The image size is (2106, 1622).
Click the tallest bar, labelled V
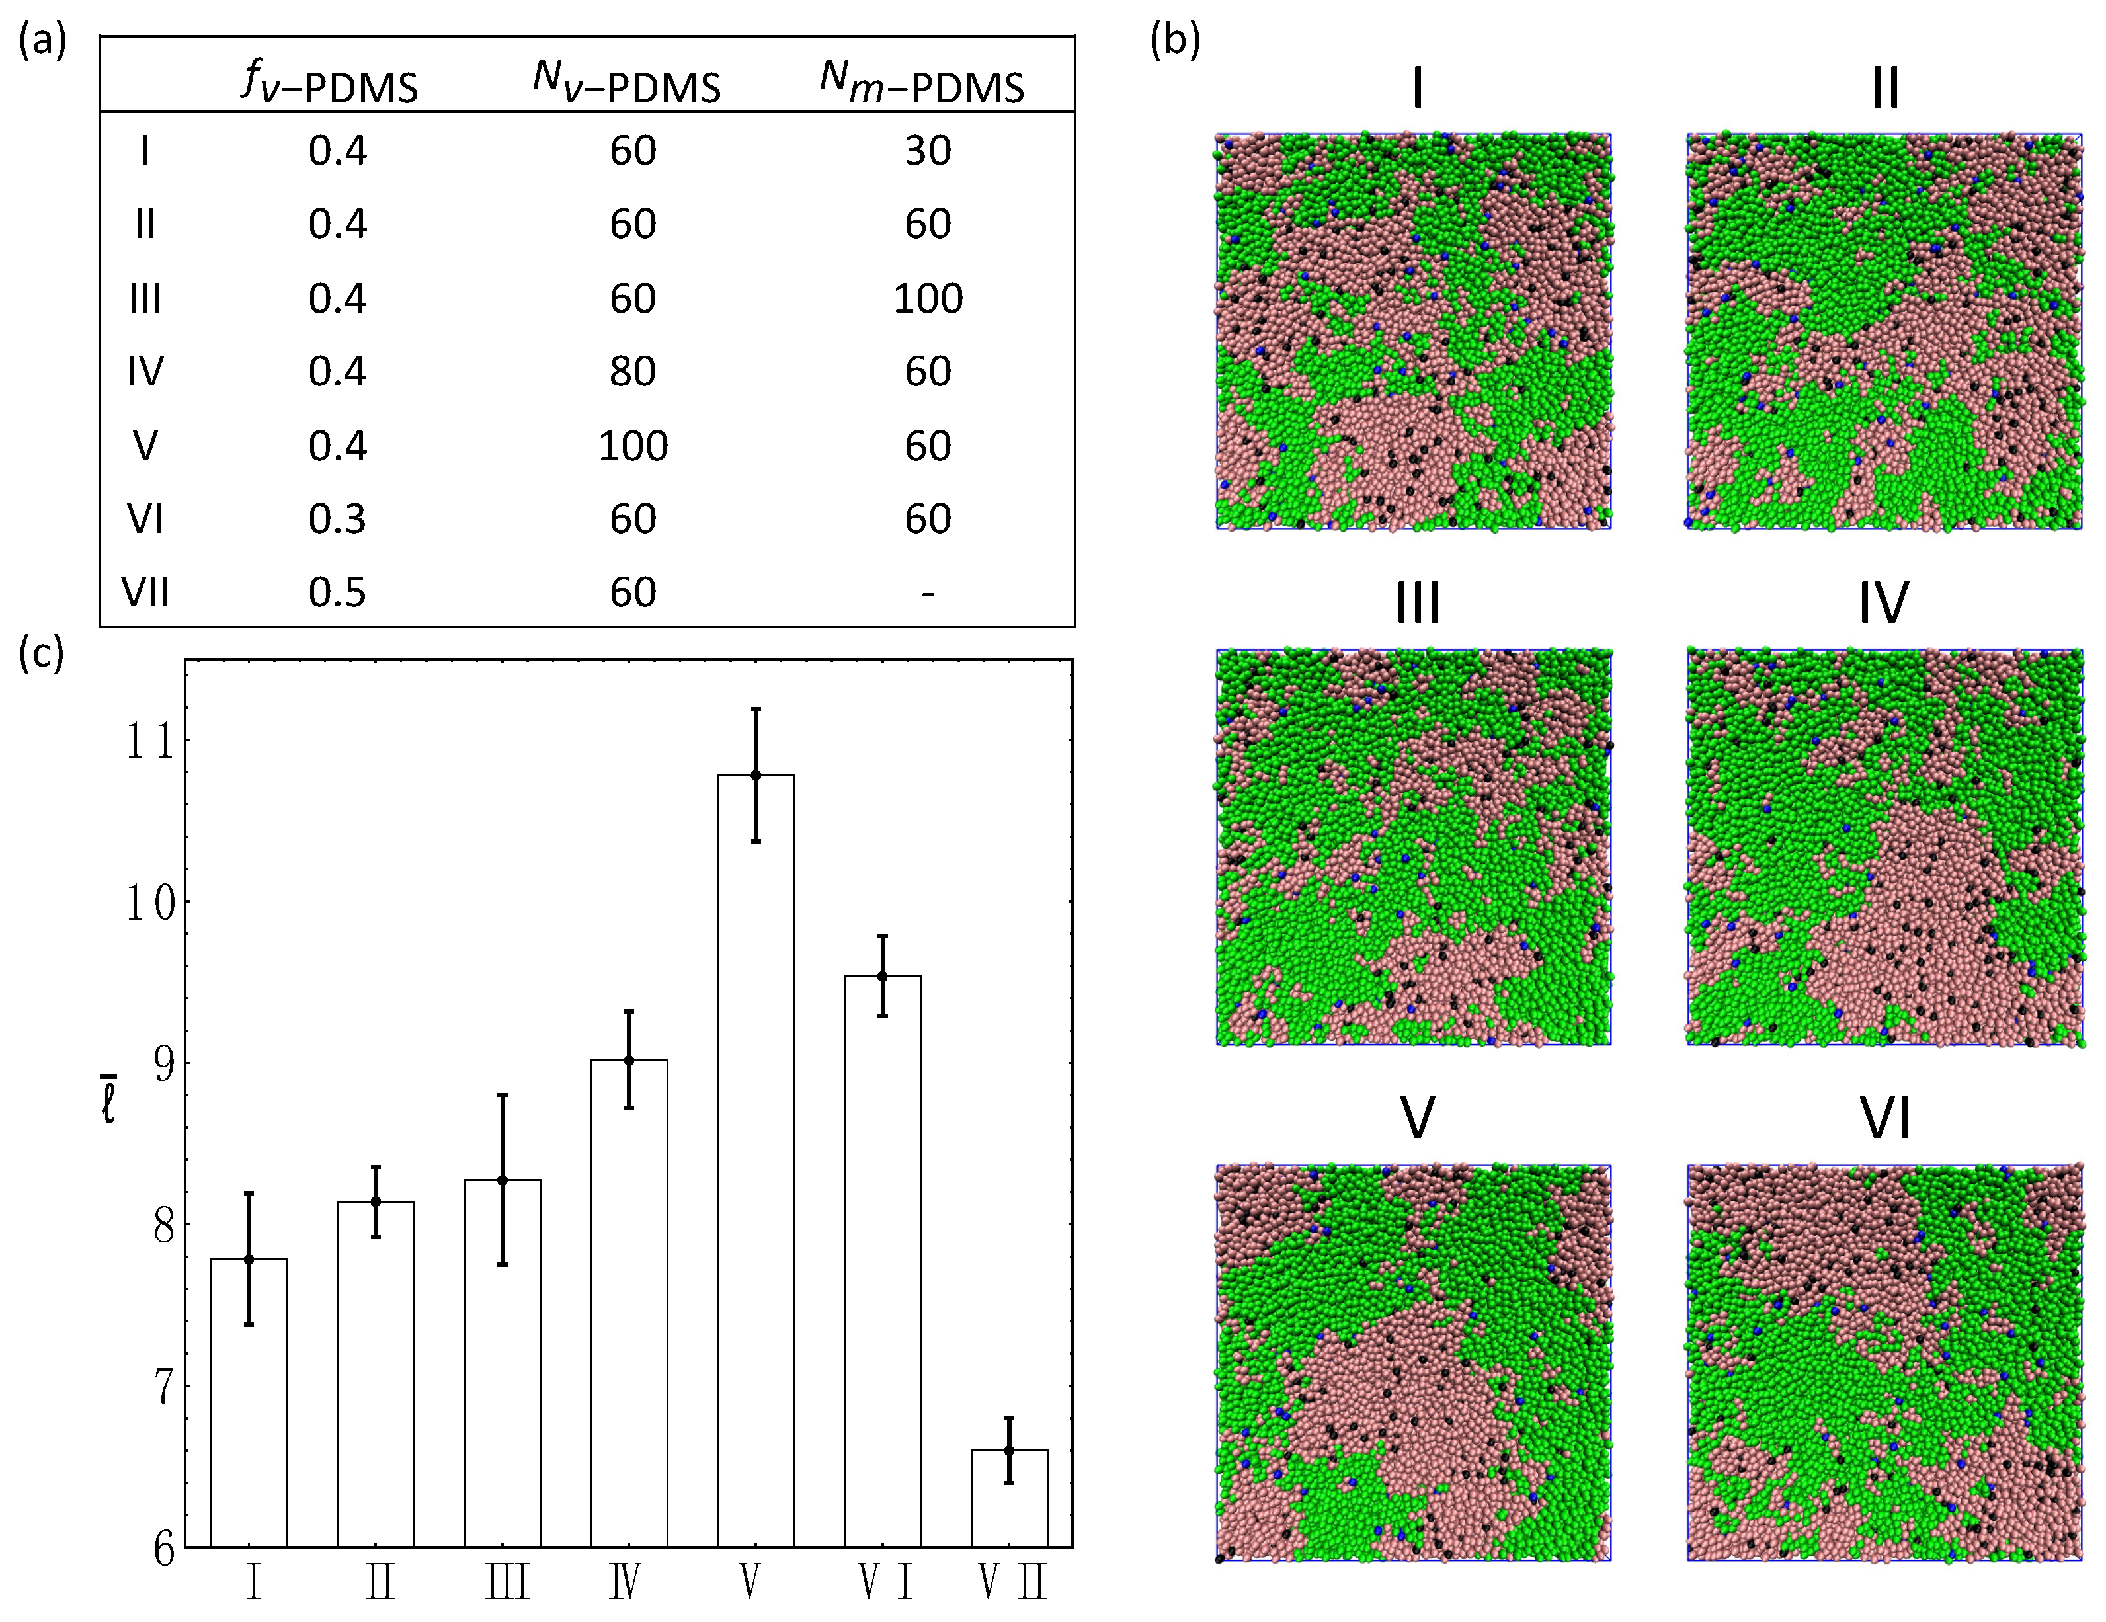click(x=755, y=1157)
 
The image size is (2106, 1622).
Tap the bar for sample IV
click(x=629, y=1302)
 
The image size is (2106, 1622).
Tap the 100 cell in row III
click(x=928, y=299)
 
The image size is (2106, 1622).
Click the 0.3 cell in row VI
click(x=337, y=520)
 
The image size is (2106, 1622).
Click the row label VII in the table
click(x=145, y=592)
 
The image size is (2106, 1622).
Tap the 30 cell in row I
click(x=928, y=151)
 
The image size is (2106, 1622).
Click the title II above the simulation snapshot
click(x=1884, y=89)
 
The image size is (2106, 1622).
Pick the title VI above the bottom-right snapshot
click(x=1884, y=1119)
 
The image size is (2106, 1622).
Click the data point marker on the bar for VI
click(x=881, y=976)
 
